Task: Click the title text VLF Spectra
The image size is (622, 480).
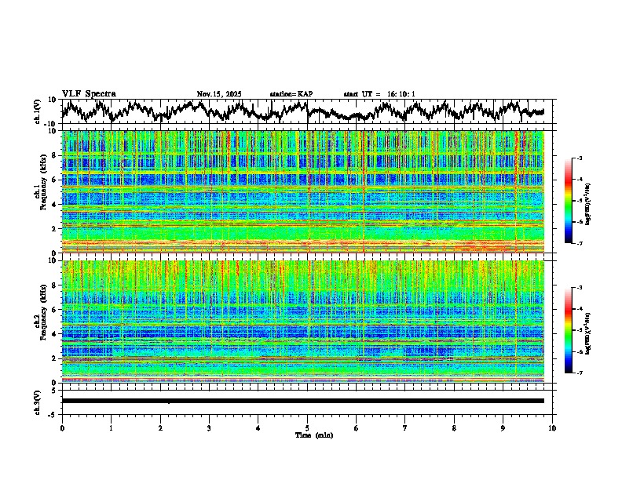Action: pyautogui.click(x=89, y=93)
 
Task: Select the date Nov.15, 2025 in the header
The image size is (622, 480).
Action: pyautogui.click(x=219, y=94)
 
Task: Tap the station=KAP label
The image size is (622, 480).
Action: pyautogui.click(x=291, y=94)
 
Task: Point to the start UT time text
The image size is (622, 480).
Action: pyautogui.click(x=379, y=94)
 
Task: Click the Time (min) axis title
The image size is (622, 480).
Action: pyautogui.click(x=313, y=435)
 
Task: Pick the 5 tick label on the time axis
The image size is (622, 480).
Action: pyautogui.click(x=307, y=428)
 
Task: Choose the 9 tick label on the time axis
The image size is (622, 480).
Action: pyautogui.click(x=503, y=428)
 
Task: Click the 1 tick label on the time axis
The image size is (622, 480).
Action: pyautogui.click(x=111, y=428)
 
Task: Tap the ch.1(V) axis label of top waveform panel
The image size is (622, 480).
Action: pyautogui.click(x=38, y=111)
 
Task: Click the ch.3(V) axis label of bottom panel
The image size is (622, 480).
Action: pyautogui.click(x=38, y=401)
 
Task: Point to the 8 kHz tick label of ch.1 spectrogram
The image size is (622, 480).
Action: pyautogui.click(x=53, y=155)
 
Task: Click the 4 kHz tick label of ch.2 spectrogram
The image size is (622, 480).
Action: pyautogui.click(x=53, y=334)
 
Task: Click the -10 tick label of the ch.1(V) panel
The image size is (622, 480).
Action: pyautogui.click(x=49, y=124)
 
